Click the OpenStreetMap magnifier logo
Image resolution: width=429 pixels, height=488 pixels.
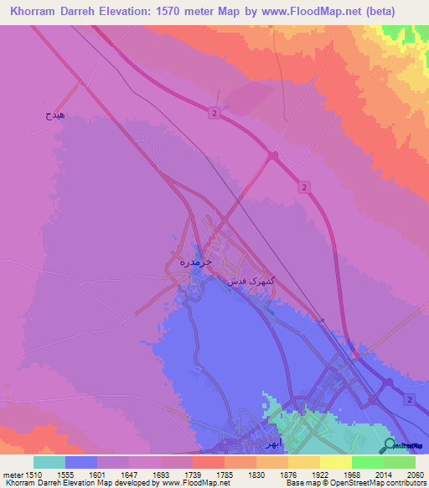click(388, 445)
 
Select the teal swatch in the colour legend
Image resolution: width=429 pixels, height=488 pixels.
click(49, 462)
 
